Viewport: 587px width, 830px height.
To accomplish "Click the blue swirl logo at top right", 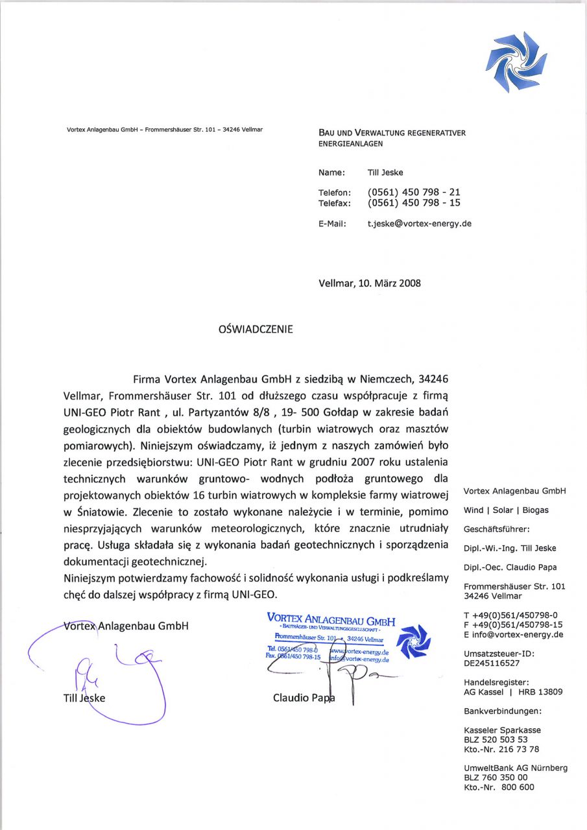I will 516,62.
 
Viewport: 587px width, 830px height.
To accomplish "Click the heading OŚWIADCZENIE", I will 256,329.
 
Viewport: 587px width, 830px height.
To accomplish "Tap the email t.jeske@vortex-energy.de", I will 419,224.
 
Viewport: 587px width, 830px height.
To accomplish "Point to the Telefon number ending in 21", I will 414,193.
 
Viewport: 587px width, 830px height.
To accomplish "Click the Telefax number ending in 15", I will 414,203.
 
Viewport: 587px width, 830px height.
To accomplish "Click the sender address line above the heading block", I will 165,130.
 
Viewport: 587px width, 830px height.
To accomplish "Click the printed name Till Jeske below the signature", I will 84,698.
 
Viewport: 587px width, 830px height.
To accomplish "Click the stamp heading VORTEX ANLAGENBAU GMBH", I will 331,619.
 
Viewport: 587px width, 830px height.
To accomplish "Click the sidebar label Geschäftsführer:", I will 497,528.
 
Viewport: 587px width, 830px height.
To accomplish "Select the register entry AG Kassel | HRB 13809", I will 513,692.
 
